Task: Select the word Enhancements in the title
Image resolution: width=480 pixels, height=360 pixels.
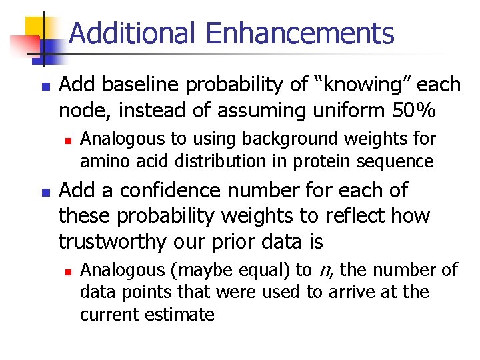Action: [x=300, y=33]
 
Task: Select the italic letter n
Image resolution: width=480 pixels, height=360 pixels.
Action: [x=325, y=270]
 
